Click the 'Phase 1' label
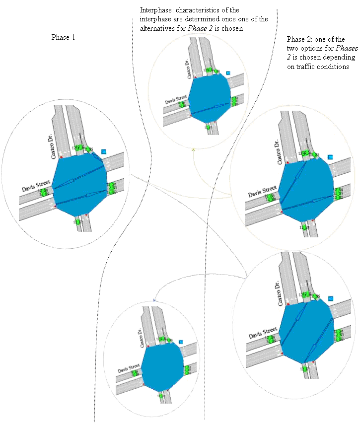[x=63, y=37]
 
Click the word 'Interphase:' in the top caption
[x=155, y=10]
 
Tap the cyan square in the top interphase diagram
[x=228, y=73]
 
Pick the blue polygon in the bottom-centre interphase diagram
[x=162, y=365]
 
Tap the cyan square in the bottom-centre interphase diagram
[x=181, y=342]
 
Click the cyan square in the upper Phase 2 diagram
[x=330, y=157]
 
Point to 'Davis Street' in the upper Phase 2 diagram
[x=263, y=191]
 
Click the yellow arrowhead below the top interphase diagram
[x=193, y=148]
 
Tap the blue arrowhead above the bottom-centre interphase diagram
[x=154, y=300]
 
